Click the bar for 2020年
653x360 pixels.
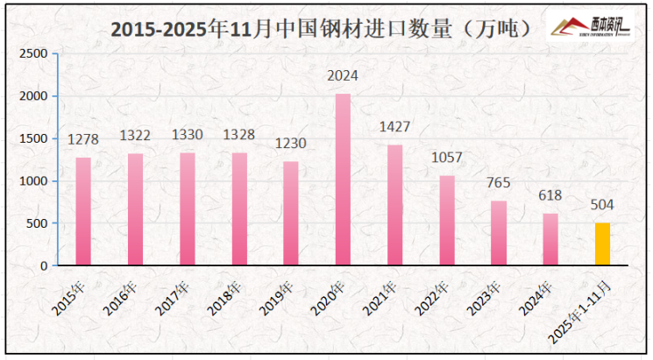point(343,180)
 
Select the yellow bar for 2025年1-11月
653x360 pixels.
point(602,244)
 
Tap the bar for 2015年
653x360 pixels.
point(83,211)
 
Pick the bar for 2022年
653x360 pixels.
point(447,221)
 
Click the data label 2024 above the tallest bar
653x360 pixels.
point(343,76)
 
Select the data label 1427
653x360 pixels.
point(394,127)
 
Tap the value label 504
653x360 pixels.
point(602,206)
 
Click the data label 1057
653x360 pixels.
point(447,159)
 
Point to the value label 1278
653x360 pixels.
point(83,139)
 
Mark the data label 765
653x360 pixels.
point(499,183)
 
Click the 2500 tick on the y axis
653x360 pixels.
point(33,53)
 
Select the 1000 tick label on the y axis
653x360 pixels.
point(33,181)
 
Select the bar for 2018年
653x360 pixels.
point(239,208)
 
